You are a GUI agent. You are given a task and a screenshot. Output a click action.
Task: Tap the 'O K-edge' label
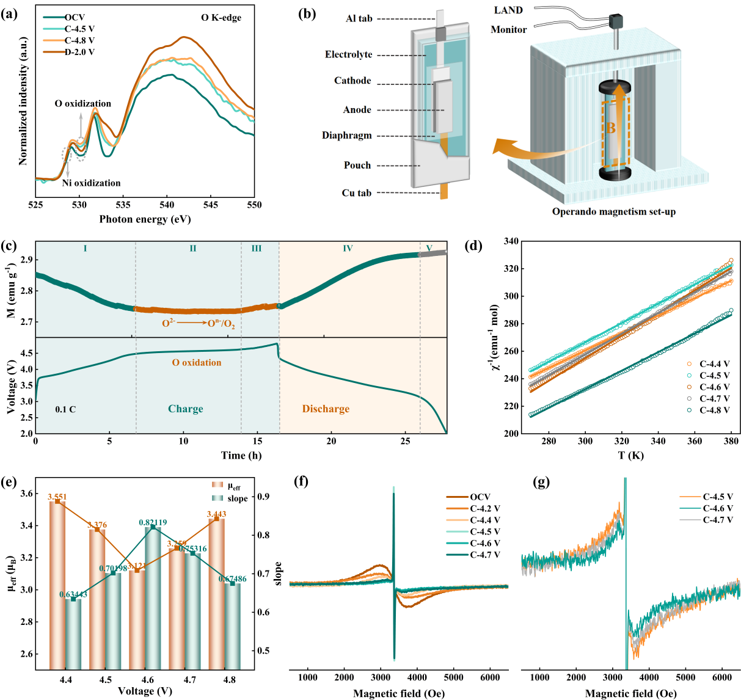pyautogui.click(x=221, y=18)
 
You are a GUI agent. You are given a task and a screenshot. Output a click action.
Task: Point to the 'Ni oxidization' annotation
pyautogui.click(x=91, y=183)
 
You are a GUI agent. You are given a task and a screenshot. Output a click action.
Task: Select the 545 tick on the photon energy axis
pyautogui.click(x=211, y=205)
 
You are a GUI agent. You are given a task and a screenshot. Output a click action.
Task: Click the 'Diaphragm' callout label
pyautogui.click(x=346, y=136)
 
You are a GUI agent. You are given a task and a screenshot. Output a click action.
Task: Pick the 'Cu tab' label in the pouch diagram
pyautogui.click(x=356, y=193)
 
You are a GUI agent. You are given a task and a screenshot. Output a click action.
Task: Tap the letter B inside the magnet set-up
pyautogui.click(x=610, y=129)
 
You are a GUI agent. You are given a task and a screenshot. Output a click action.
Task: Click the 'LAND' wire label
pyautogui.click(x=508, y=10)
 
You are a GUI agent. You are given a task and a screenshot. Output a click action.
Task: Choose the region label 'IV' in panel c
pyautogui.click(x=348, y=249)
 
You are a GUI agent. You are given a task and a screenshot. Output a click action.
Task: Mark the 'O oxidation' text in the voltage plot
pyautogui.click(x=197, y=363)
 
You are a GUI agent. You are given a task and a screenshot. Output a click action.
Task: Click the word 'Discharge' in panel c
pyautogui.click(x=326, y=409)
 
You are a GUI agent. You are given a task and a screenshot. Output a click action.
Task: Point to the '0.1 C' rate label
pyautogui.click(x=65, y=409)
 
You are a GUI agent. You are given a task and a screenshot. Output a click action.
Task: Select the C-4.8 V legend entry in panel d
pyautogui.click(x=714, y=410)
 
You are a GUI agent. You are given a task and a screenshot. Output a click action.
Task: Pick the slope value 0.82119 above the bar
pyautogui.click(x=153, y=523)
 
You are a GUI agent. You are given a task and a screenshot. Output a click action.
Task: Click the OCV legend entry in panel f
pyautogui.click(x=480, y=497)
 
